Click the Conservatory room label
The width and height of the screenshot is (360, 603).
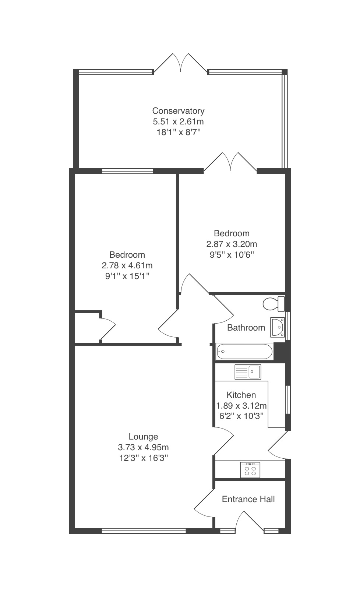pos(178,111)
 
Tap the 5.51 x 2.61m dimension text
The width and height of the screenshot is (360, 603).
pos(178,122)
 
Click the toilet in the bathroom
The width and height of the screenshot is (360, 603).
pos(273,304)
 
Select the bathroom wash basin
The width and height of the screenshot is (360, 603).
pos(278,327)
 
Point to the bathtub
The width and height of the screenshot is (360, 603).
pos(244,352)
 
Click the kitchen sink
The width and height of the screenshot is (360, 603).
pos(248,372)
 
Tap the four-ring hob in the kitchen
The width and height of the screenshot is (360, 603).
pos(250,470)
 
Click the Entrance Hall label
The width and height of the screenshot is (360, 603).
pos(248,499)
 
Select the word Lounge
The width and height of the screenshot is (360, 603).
pos(143,437)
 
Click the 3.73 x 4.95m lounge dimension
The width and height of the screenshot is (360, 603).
pos(143,447)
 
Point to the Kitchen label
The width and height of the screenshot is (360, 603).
pos(241,395)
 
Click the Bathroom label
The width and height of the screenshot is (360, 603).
pos(246,328)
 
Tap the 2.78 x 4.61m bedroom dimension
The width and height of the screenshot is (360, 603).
pos(127,265)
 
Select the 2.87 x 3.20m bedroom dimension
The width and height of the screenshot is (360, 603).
pos(232,244)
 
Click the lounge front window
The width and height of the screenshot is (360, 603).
pos(144,531)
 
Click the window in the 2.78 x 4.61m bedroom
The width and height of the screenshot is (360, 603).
pos(127,171)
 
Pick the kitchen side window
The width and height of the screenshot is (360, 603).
pos(288,400)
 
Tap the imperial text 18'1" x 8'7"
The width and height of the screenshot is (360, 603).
pos(178,132)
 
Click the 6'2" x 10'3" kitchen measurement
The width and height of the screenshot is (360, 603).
pos(241,416)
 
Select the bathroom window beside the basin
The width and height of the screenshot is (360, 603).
pos(288,325)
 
